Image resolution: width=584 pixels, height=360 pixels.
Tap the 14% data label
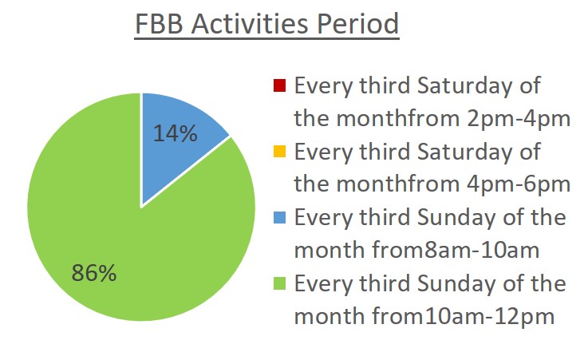click(175, 133)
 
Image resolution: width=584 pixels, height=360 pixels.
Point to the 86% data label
click(94, 273)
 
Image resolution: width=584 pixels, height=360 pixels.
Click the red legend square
click(279, 85)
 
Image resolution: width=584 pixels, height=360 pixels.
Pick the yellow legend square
click(279, 152)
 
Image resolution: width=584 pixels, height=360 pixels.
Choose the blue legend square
click(279, 217)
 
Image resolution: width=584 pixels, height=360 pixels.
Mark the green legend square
click(279, 283)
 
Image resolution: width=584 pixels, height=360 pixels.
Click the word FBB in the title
click(159, 24)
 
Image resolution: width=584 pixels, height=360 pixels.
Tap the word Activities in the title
click(250, 24)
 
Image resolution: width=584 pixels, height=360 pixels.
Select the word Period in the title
click(358, 24)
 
